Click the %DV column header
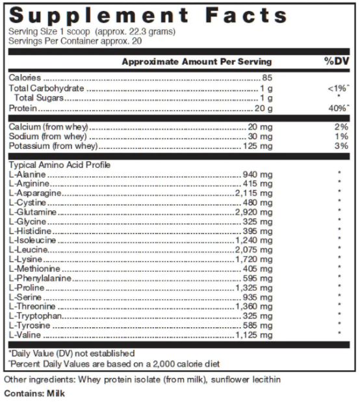[337, 61]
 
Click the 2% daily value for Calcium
[341, 127]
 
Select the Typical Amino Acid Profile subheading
[51, 165]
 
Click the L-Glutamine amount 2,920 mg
[253, 212]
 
